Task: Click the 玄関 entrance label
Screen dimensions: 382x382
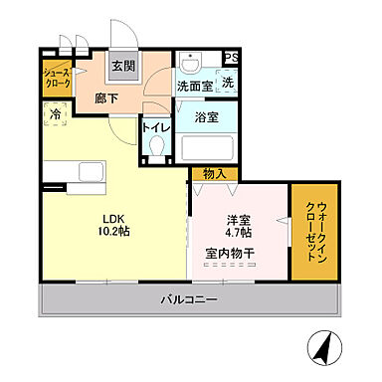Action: coord(122,67)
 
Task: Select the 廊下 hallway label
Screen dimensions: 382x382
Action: coord(106,99)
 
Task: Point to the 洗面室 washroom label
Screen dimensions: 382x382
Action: coord(194,88)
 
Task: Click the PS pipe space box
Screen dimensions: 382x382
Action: coord(230,58)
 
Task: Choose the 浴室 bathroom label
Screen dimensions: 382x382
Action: coord(206,117)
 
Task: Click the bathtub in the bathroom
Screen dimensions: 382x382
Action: coord(207,150)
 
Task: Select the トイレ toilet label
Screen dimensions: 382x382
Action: coord(155,127)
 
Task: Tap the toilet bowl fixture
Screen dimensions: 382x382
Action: coord(155,148)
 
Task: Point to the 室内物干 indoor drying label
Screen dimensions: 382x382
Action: coord(231,254)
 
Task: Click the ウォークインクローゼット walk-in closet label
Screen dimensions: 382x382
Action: coord(314,231)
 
